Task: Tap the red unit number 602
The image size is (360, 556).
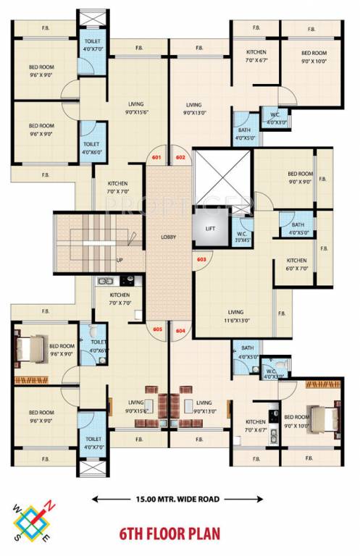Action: click(x=180, y=157)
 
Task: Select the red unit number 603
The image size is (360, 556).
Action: click(x=201, y=258)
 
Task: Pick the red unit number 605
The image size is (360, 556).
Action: click(x=157, y=330)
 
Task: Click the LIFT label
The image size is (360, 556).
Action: click(x=210, y=228)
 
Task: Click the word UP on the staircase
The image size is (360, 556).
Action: click(x=120, y=260)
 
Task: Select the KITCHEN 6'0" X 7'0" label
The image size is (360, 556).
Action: click(x=296, y=264)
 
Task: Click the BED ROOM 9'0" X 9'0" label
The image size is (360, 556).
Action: click(x=299, y=178)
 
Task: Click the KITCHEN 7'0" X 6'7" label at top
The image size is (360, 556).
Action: click(x=256, y=56)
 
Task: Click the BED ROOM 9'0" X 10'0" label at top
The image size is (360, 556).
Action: click(x=314, y=56)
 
